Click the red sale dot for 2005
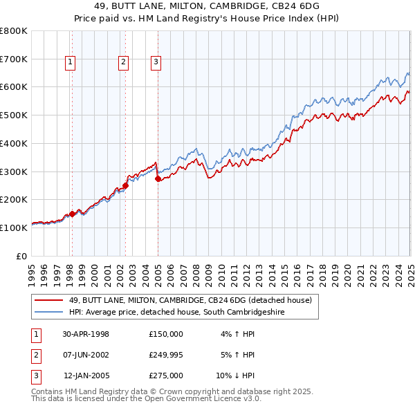(158, 178)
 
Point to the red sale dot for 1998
(72, 214)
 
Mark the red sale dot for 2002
(125, 185)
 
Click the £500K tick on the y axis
(14, 115)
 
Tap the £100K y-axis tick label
(14, 227)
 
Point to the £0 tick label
(21, 255)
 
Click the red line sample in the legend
(48, 300)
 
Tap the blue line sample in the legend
(48, 313)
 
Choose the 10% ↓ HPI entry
(235, 375)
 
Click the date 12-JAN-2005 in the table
(86, 375)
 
